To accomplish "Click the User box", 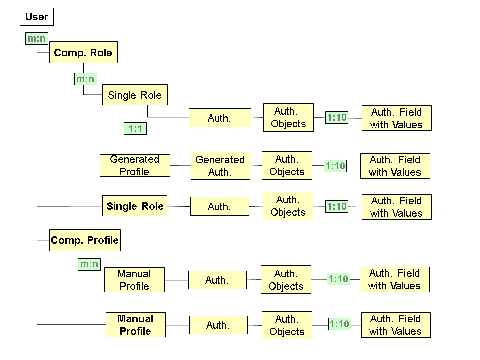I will tap(37, 17).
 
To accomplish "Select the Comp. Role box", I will tap(83, 52).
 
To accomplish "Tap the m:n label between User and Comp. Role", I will tap(37, 38).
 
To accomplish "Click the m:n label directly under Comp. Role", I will tap(85, 79).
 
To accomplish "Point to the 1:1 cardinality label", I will tap(135, 129).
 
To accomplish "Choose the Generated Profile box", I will tap(135, 165).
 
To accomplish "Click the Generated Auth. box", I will tap(220, 166).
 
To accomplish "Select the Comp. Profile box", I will tap(85, 240).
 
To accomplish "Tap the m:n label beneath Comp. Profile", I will tap(89, 264).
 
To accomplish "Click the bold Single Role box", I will tap(135, 206).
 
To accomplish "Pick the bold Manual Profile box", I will tap(135, 325).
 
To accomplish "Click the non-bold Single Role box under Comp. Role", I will tap(135, 95).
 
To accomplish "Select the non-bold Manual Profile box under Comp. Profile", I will tap(134, 280).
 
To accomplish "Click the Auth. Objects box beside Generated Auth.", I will tap(287, 165).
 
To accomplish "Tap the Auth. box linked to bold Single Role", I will tap(219, 206).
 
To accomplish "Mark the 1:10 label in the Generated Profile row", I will tap(335, 166).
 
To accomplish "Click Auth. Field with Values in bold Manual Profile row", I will tap(395, 325).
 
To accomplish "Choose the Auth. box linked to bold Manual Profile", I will tap(218, 325).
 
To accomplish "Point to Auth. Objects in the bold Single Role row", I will tap(288, 206).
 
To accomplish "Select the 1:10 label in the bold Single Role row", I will tap(337, 206).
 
